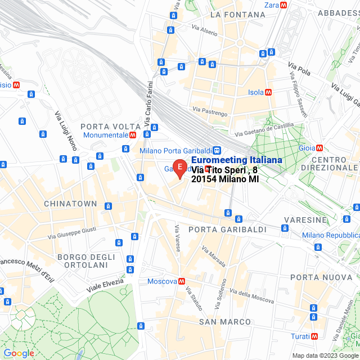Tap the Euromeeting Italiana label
(237, 160)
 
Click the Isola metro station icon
(268, 92)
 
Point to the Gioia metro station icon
(319, 148)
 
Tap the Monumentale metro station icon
(132, 135)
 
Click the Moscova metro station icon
(181, 281)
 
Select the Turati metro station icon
(313, 336)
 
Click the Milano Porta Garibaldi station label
(175, 150)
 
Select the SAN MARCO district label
(224, 321)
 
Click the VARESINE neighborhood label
(305, 219)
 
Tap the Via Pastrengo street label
(209, 111)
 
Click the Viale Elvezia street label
(106, 283)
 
